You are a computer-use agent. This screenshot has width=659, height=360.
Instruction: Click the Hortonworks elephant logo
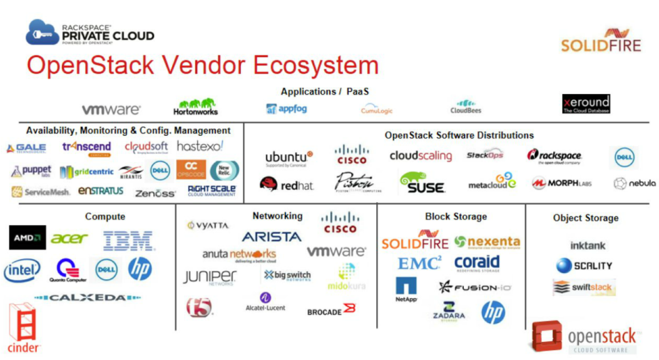tap(195, 107)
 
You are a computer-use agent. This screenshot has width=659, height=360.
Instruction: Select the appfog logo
tap(289, 108)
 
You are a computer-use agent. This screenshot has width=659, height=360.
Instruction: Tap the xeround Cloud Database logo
tap(586, 104)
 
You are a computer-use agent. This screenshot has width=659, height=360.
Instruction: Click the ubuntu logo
tap(289, 158)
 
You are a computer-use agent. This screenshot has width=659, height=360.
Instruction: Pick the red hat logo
tap(287, 184)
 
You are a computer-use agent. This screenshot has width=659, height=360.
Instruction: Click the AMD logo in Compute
tap(28, 238)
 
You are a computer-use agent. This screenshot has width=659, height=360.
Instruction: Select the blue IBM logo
tap(128, 240)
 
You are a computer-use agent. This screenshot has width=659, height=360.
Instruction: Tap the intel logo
tap(22, 270)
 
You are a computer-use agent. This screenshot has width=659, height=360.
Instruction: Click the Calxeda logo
tap(87, 298)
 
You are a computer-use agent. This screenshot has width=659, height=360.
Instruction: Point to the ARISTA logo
tap(272, 237)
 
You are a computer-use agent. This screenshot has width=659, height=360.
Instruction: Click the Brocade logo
tap(331, 310)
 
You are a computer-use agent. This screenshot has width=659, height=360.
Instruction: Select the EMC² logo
tap(419, 264)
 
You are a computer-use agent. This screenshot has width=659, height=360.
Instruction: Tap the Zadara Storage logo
tap(449, 311)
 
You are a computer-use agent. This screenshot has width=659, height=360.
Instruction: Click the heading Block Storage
tap(456, 217)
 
